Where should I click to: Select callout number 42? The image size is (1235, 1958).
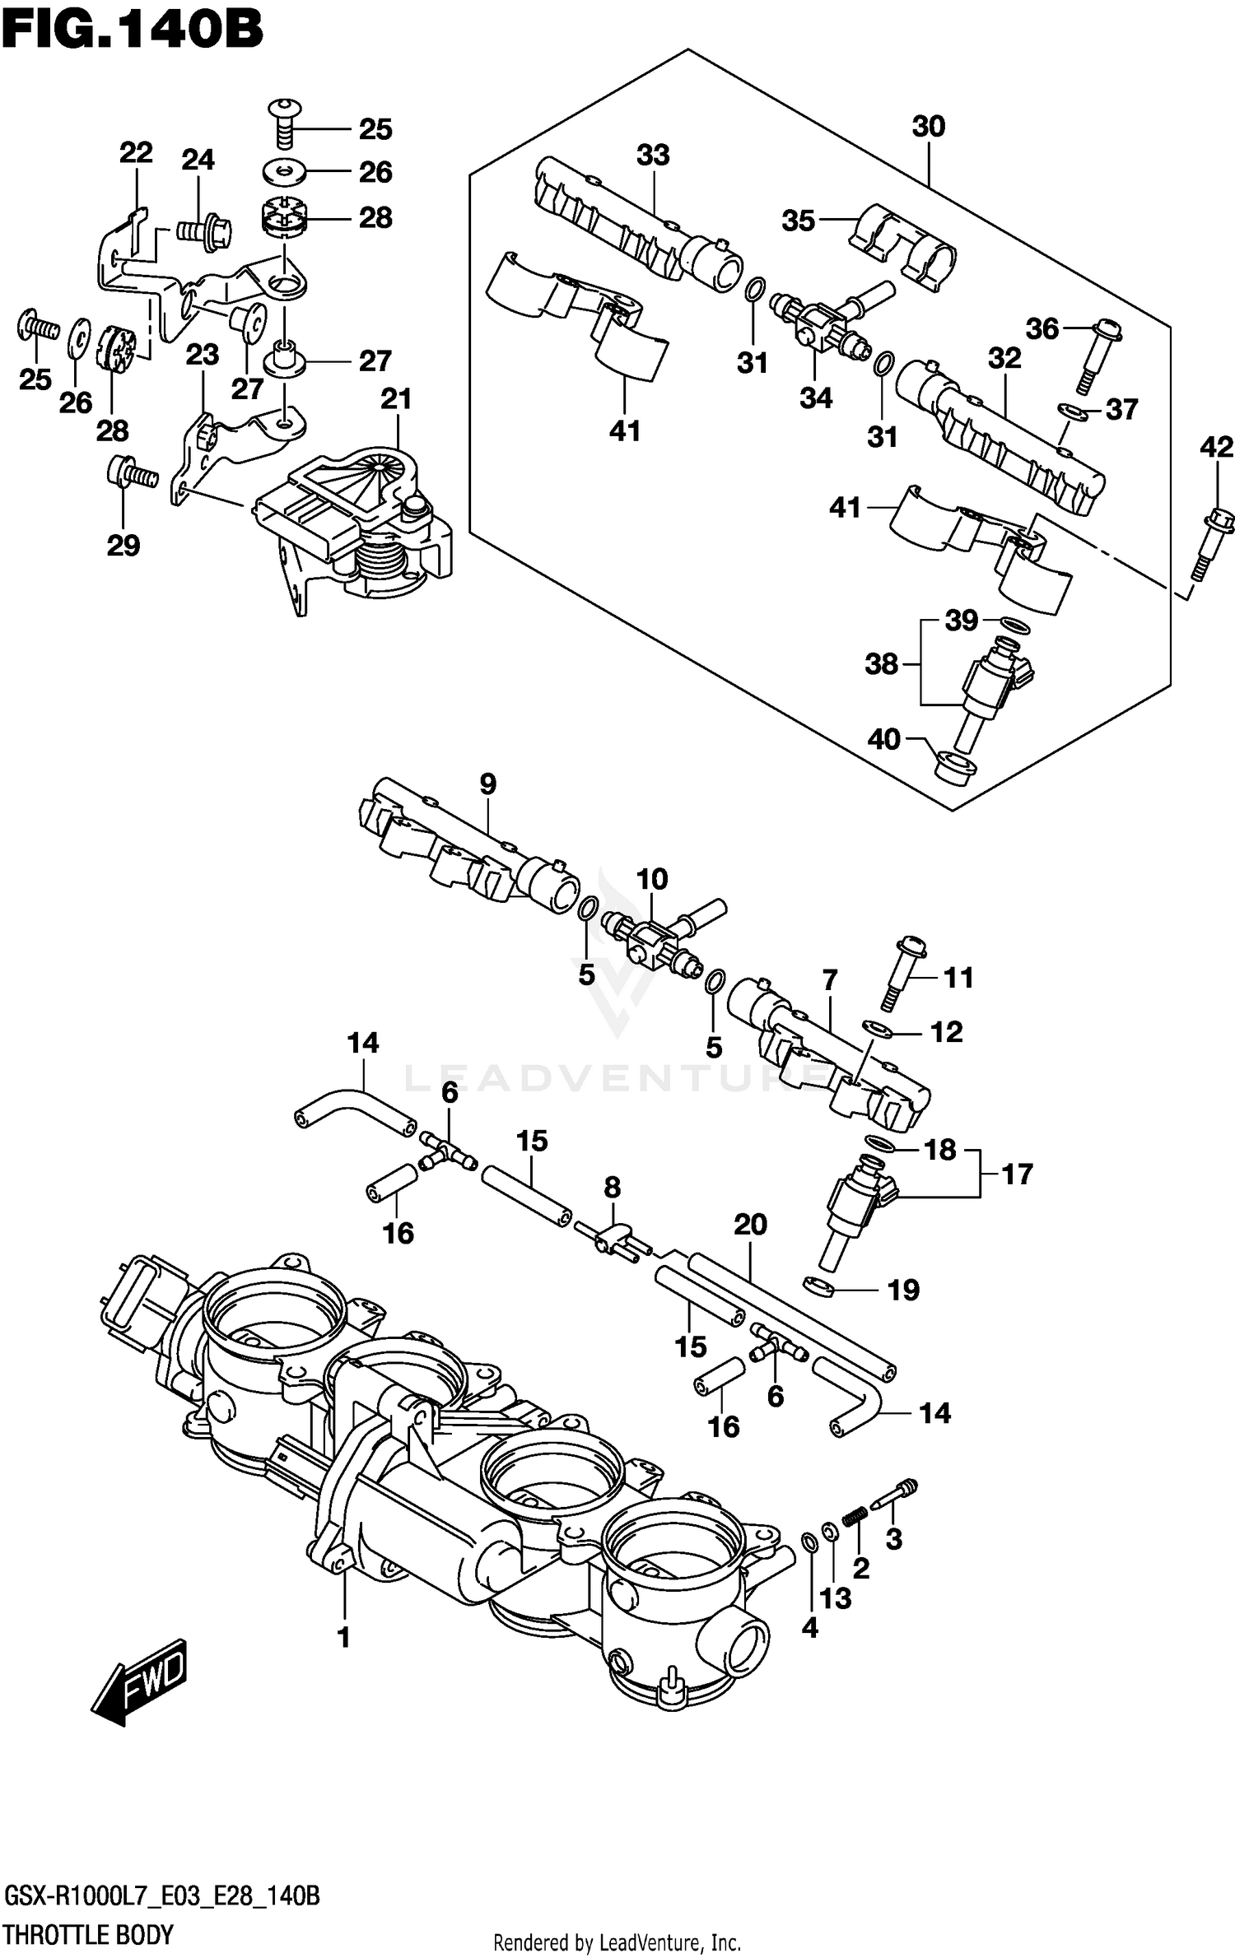1216,447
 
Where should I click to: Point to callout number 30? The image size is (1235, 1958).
928,127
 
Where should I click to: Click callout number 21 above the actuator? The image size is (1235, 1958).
396,399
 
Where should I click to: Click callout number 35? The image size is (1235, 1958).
798,221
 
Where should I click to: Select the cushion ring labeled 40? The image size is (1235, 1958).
956,768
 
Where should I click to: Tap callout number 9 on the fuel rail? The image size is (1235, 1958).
487,784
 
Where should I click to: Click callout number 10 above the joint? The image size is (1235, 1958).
651,878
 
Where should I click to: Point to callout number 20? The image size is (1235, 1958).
750,1224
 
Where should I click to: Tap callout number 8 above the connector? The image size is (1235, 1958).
612,1187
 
